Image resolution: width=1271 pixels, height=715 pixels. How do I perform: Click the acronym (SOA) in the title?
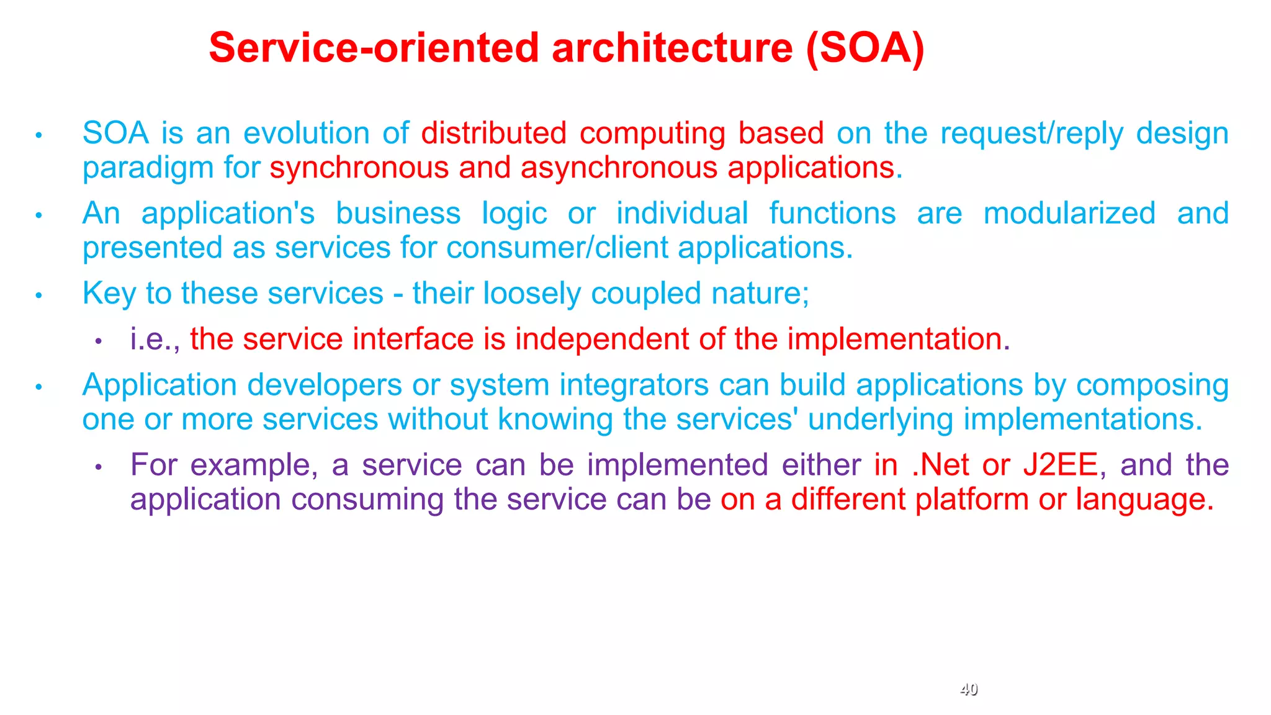click(x=865, y=48)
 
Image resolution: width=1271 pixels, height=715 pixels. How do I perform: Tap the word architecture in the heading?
click(x=671, y=48)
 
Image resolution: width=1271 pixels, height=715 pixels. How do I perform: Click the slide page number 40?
click(x=968, y=689)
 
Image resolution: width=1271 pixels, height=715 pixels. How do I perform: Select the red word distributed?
click(x=493, y=133)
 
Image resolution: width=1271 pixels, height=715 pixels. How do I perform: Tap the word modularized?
click(x=1069, y=214)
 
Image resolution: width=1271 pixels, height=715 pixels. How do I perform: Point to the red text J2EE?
click(x=1060, y=465)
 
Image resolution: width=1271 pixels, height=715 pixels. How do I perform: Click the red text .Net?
click(x=940, y=465)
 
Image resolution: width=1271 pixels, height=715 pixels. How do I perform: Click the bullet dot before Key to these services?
click(x=38, y=295)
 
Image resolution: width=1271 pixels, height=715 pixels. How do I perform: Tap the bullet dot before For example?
click(x=98, y=467)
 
